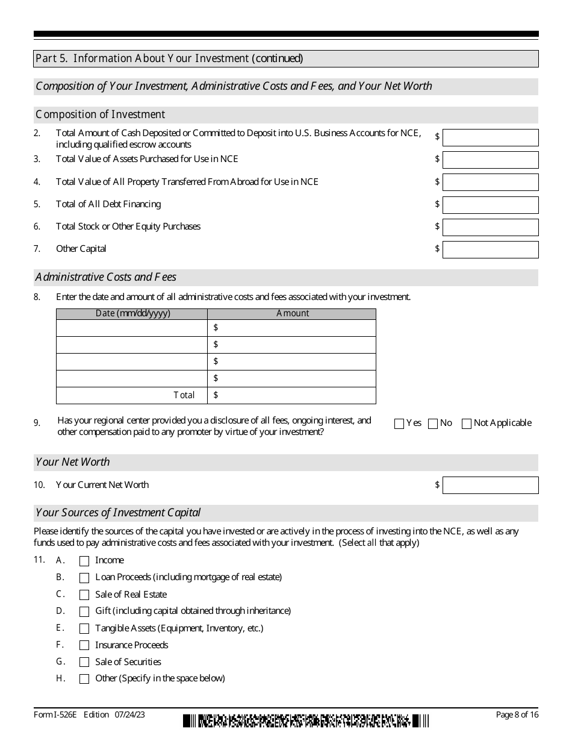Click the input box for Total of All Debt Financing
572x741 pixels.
point(490,205)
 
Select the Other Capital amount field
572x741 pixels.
point(490,249)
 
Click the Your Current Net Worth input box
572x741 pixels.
point(490,485)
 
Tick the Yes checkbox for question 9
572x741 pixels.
point(399,424)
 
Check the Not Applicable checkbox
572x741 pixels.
point(466,424)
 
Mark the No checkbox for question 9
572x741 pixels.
point(432,424)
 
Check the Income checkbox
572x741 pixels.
point(84,561)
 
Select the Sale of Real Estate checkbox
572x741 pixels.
point(84,595)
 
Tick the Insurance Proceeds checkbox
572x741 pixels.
point(84,645)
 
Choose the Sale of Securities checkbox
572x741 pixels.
point(84,662)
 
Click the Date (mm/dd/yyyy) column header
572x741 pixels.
point(132,314)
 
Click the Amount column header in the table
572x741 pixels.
point(292,314)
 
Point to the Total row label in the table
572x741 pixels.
point(184,395)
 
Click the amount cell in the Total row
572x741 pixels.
point(292,395)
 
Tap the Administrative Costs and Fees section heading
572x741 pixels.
point(106,278)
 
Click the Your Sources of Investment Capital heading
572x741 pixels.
point(118,513)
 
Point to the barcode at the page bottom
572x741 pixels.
point(306,721)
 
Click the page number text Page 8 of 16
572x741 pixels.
point(517,715)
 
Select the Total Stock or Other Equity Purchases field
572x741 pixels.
point(490,227)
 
